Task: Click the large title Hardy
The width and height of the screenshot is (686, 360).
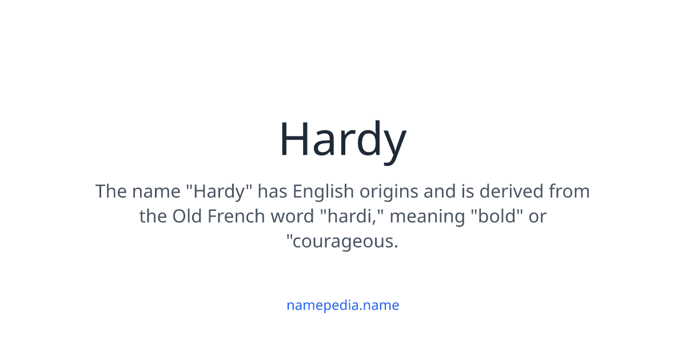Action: (x=342, y=139)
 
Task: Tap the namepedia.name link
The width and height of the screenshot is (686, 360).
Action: (x=342, y=305)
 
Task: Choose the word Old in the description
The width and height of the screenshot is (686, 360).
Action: (x=187, y=217)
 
